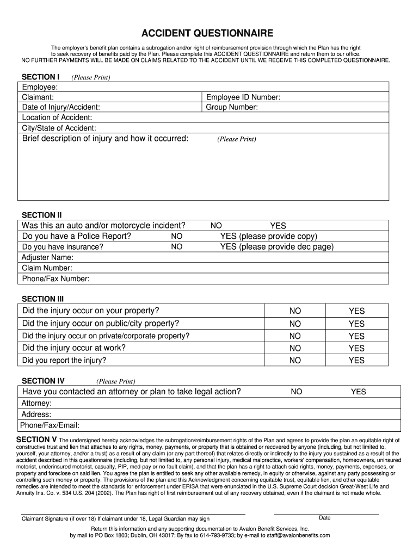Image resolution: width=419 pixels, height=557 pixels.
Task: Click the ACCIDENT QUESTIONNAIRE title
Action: [209, 33]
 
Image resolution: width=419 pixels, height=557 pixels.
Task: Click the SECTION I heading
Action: [40, 77]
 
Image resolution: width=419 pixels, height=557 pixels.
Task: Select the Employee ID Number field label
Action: [243, 97]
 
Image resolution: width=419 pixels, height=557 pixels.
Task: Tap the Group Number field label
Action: [232, 108]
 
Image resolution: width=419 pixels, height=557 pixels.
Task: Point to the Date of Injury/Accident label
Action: [61, 108]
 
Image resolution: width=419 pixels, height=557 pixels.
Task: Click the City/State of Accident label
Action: [59, 128]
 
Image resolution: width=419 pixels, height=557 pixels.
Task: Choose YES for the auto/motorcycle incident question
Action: [278, 226]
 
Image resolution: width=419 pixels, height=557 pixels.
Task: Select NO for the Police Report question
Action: [177, 236]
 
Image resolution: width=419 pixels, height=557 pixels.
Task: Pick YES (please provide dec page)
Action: [276, 246]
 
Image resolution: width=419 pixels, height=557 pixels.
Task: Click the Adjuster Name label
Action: [47, 257]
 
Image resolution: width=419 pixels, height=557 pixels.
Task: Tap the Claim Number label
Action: [47, 268]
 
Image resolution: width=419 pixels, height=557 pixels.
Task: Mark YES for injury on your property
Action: [356, 311]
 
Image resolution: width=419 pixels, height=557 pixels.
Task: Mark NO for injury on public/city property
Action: [295, 324]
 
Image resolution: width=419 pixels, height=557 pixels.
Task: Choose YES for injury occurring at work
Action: [356, 348]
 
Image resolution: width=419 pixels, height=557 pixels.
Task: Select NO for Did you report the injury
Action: [295, 360]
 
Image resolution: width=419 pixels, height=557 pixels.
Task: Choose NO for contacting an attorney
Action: [297, 392]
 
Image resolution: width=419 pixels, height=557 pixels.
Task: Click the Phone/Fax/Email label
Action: [50, 425]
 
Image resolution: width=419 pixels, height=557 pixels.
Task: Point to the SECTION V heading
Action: [36, 439]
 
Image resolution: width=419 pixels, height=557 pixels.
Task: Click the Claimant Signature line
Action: [133, 513]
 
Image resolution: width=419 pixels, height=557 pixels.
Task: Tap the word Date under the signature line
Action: [325, 518]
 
